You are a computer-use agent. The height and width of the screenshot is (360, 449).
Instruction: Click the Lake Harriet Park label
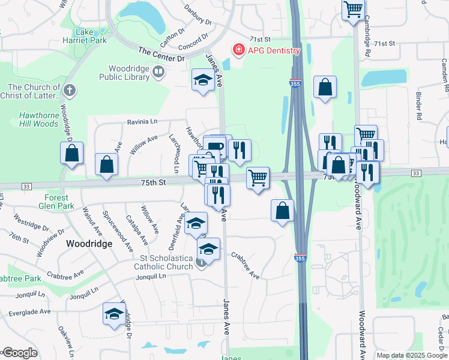[91, 36]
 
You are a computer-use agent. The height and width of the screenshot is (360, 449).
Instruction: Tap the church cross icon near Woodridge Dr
[70, 91]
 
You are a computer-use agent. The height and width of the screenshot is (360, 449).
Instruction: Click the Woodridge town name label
[89, 244]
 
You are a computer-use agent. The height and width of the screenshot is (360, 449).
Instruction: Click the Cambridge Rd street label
[366, 42]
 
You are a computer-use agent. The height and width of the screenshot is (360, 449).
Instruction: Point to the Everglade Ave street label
[29, 312]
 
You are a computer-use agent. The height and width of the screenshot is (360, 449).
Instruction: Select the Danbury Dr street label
[199, 23]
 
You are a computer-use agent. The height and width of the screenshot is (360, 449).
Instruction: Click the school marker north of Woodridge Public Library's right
[203, 80]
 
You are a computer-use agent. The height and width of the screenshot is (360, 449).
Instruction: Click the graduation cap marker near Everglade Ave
[113, 314]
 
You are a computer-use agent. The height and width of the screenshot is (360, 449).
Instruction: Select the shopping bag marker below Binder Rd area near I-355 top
[325, 88]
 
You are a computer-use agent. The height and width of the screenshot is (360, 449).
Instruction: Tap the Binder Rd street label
[419, 103]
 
